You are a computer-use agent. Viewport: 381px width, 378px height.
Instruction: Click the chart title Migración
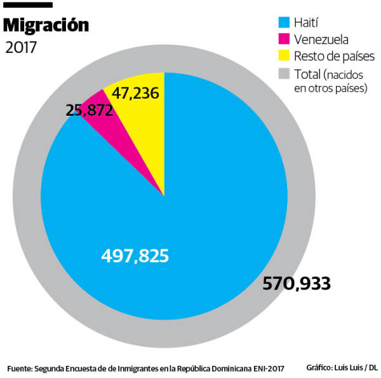click(46, 25)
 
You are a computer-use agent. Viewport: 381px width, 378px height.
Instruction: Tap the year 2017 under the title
click(21, 48)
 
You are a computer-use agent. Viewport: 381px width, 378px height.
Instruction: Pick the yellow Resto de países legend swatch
click(283, 57)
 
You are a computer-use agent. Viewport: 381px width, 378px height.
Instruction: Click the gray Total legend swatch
click(283, 73)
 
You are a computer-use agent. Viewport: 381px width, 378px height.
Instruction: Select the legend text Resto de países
click(334, 57)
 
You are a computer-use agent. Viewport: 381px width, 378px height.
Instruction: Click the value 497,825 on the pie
click(135, 256)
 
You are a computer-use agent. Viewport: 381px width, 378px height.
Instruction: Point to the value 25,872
click(90, 110)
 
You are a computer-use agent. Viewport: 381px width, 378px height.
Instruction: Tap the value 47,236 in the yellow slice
click(135, 94)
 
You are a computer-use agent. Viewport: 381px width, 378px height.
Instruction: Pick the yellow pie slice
click(143, 127)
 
